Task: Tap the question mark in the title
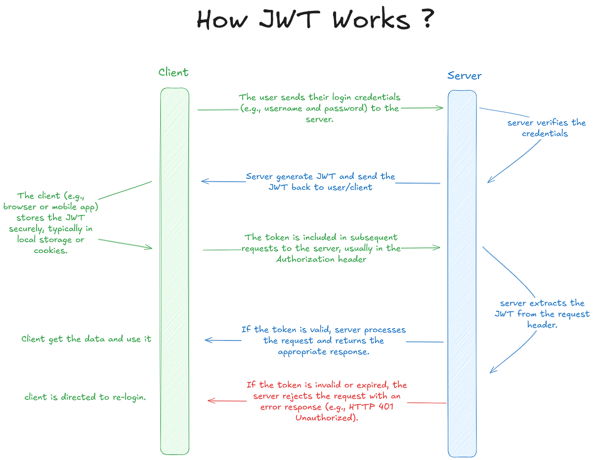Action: click(x=427, y=20)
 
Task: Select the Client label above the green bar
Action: click(x=173, y=73)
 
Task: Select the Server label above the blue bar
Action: click(x=464, y=76)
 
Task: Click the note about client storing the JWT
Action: click(x=51, y=222)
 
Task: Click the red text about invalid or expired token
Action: click(x=326, y=401)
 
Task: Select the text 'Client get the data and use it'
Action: click(x=86, y=339)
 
